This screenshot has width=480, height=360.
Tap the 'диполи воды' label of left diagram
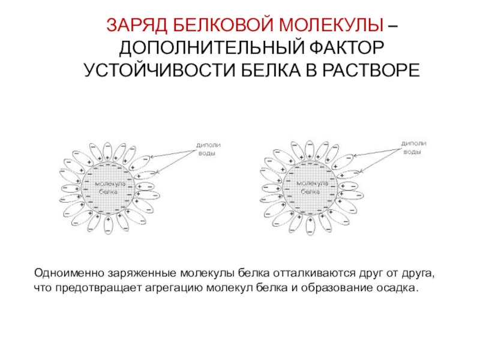pyautogui.click(x=206, y=149)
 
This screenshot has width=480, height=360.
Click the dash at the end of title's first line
pyautogui.click(x=392, y=26)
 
